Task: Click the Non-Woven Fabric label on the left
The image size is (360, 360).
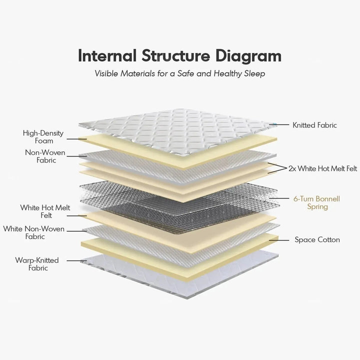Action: [40, 156]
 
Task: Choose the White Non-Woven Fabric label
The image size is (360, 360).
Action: [34, 232]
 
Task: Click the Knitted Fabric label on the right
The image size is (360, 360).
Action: [314, 125]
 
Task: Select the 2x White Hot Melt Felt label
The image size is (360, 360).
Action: [322, 168]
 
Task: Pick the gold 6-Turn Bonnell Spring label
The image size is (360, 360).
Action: [316, 202]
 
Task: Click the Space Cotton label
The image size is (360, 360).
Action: [317, 240]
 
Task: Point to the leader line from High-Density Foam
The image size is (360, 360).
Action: [76, 138]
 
